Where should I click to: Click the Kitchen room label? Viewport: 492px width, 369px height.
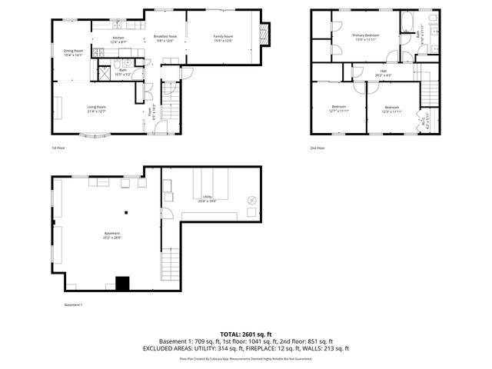coord(118,38)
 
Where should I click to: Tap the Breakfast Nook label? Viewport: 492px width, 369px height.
coord(165,37)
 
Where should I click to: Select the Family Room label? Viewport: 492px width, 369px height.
coord(223,37)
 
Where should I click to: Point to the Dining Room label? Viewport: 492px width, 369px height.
coord(74,51)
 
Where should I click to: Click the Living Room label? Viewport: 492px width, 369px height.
coord(96,107)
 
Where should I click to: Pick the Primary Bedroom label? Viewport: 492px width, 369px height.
coord(366,35)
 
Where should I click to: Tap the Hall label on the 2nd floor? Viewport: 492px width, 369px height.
coord(382,71)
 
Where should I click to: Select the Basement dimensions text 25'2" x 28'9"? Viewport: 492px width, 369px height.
coord(112,238)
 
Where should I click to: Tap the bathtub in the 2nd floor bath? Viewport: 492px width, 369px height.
coord(408,19)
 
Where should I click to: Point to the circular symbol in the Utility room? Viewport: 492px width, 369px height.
coord(251,200)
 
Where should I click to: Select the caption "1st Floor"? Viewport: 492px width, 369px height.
coord(59,147)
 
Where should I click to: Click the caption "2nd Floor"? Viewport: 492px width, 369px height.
coord(318,147)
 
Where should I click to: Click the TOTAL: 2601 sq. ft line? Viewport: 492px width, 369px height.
coord(245,334)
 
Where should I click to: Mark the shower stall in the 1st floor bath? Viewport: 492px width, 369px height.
coord(100,72)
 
